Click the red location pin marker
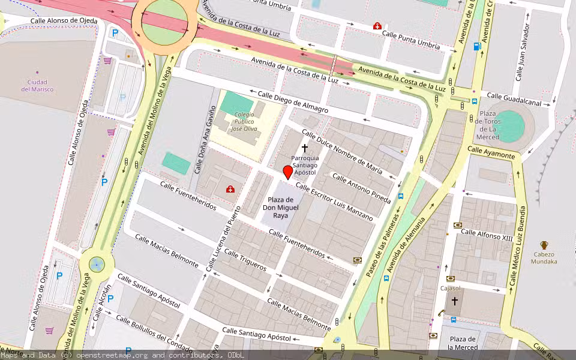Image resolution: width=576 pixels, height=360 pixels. point(288,173)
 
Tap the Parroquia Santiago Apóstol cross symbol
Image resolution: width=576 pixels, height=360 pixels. point(305,148)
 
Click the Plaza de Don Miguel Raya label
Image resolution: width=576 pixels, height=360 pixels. point(280,207)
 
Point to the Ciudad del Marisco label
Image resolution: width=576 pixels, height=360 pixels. point(37,85)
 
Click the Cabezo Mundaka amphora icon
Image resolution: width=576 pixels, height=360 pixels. point(544,245)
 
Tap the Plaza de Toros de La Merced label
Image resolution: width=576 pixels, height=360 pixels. point(487,125)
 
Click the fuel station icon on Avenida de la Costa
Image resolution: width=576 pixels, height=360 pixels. point(478,46)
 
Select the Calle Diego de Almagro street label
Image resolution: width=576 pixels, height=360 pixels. point(293,101)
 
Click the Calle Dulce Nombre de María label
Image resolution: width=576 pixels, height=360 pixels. point(341,151)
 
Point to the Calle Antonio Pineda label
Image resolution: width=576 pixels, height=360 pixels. point(361,188)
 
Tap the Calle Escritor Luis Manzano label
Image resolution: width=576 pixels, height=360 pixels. point(334,202)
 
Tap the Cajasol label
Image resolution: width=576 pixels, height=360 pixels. point(450,288)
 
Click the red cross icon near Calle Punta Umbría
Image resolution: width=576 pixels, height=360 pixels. point(377,26)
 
